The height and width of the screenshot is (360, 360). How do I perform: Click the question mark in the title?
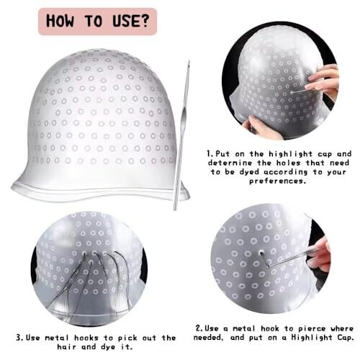point(143,20)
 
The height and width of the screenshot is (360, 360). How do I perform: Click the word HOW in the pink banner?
point(60,21)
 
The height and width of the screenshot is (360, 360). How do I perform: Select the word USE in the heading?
point(125,20)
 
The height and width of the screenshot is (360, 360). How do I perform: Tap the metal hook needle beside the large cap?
point(181,135)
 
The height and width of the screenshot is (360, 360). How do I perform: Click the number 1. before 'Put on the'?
point(210,153)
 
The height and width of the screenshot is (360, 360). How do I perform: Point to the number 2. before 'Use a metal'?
point(199,328)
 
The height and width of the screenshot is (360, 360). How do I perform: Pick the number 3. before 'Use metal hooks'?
point(20,338)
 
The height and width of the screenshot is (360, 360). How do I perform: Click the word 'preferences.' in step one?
point(277,181)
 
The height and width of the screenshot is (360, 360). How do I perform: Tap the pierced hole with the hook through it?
point(261,253)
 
